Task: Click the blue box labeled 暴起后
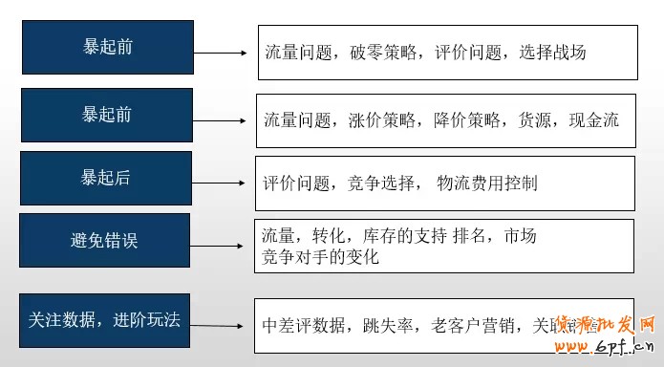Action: click(106, 178)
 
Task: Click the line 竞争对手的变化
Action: click(320, 257)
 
